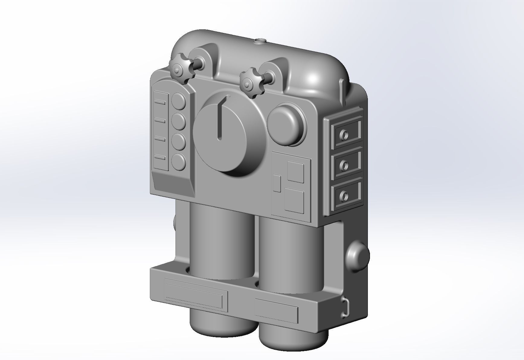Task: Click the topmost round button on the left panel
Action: click(x=179, y=101)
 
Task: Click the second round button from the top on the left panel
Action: click(x=179, y=121)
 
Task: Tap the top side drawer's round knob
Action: click(x=344, y=134)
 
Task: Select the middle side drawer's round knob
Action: click(x=344, y=165)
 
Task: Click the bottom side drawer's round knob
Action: click(x=344, y=196)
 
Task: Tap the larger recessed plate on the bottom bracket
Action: click(x=195, y=293)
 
